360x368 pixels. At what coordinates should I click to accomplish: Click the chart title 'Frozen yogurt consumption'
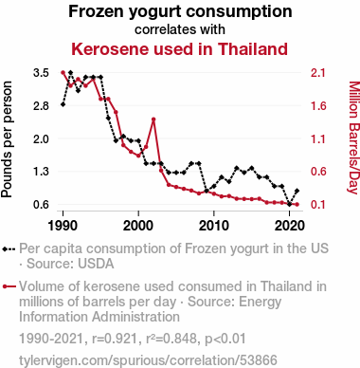(180, 12)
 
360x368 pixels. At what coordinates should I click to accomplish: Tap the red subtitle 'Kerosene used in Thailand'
(179, 49)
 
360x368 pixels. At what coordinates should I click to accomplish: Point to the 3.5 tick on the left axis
(41, 73)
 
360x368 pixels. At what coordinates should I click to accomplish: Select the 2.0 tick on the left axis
(41, 138)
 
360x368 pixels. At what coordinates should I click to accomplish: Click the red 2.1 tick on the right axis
(317, 73)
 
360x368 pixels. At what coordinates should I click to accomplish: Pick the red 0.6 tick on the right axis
(317, 172)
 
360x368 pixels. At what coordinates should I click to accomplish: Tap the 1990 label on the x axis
(63, 226)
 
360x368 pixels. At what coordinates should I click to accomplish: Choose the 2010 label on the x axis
(214, 226)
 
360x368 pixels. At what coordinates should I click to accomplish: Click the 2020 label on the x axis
(289, 226)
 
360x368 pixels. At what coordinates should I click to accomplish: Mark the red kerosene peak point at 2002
(153, 120)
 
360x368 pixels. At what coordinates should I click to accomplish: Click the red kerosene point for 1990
(63, 73)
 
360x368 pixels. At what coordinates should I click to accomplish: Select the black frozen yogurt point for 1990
(63, 104)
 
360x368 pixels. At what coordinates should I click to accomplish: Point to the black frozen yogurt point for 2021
(297, 191)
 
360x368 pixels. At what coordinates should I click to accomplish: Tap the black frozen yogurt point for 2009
(207, 191)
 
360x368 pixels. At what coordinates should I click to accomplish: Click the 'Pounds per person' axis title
(7, 139)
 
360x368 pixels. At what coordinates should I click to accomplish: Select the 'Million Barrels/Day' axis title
(353, 138)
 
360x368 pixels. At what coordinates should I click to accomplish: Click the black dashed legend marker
(9, 249)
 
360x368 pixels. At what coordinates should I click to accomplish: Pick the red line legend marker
(9, 286)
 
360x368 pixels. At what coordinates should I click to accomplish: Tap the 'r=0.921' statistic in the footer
(115, 339)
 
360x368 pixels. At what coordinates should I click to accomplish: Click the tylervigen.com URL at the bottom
(148, 360)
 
